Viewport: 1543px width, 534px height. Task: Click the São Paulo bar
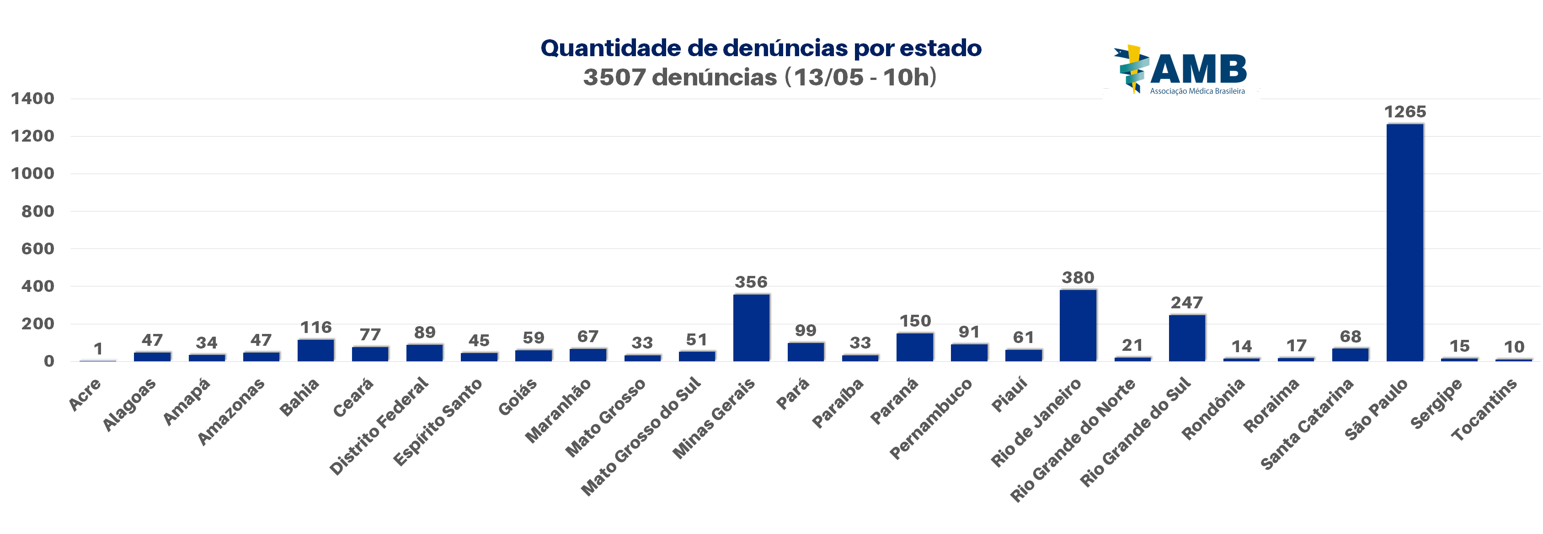[1404, 243]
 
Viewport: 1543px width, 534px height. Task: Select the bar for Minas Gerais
[751, 328]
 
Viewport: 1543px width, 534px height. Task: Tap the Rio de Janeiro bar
[1078, 325]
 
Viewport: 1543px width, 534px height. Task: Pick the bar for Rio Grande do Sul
[1186, 338]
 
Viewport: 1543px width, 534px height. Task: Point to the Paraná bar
[915, 347]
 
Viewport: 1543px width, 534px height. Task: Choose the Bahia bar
[315, 350]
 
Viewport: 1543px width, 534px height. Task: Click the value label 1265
[1404, 112]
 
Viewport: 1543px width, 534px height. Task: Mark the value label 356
[751, 282]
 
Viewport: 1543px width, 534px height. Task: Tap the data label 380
[1078, 278]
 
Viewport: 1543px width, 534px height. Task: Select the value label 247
[1186, 303]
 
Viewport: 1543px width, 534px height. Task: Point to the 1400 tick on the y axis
[32, 99]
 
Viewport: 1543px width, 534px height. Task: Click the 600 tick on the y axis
[38, 249]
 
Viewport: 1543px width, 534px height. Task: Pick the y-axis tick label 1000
[32, 174]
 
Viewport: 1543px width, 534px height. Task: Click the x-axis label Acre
[85, 395]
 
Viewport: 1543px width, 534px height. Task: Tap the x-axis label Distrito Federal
[379, 426]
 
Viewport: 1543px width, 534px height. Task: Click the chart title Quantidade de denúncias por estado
[761, 48]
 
